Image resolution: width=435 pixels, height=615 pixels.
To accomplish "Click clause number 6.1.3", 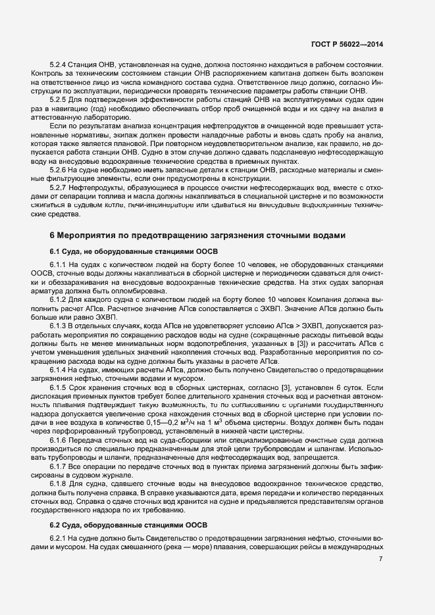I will [61, 326].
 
